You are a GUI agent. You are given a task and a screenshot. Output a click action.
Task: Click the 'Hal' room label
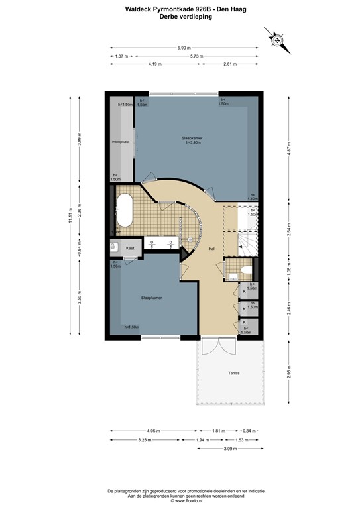pos(211,249)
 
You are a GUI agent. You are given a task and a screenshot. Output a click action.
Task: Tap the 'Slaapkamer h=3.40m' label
pos(191,140)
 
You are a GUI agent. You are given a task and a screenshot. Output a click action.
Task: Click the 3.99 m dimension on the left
pos(78,140)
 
